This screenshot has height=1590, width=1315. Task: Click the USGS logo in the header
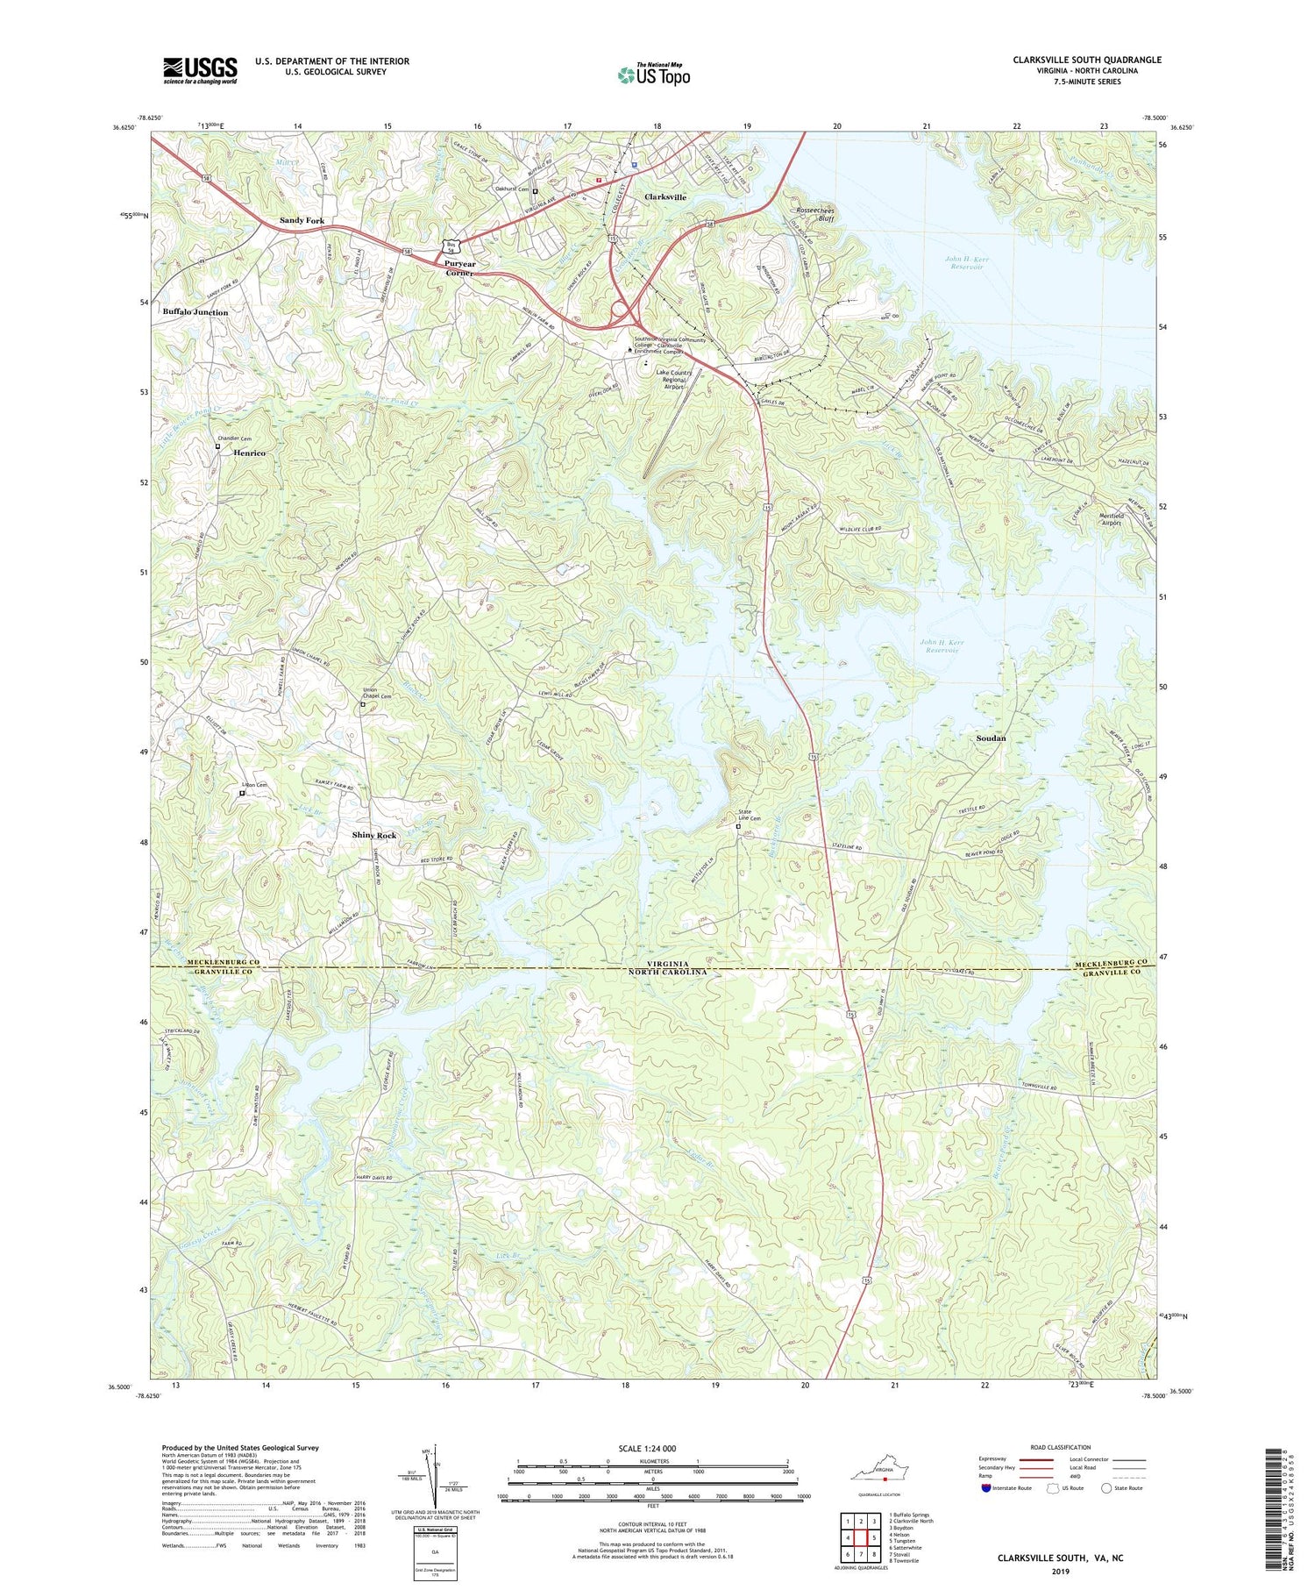pos(200,70)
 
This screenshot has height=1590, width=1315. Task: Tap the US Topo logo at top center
pos(654,75)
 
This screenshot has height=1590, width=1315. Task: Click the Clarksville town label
pos(665,197)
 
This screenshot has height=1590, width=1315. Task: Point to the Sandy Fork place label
pos(302,220)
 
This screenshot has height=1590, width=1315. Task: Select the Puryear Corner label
pos(460,268)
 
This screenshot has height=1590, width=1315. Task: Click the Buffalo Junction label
pos(195,312)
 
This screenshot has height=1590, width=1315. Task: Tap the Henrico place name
pos(249,453)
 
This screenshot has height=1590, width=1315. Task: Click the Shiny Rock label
pos(374,835)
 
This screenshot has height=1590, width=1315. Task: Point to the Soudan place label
pos(991,738)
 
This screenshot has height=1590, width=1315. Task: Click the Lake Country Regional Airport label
pos(673,379)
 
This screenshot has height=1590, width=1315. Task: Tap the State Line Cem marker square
pos(738,826)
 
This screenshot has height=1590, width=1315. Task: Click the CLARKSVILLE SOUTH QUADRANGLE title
pos(1087,60)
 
